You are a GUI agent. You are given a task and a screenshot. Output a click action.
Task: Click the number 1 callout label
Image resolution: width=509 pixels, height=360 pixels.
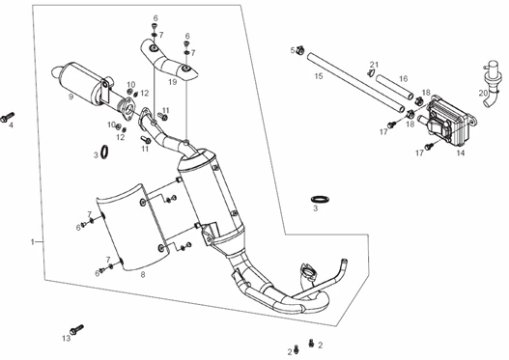click(x=32, y=242)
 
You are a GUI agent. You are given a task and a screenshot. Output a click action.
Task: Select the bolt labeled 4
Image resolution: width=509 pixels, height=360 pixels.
click(x=7, y=117)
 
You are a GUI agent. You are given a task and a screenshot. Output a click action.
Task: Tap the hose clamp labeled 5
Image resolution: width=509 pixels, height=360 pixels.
click(x=300, y=50)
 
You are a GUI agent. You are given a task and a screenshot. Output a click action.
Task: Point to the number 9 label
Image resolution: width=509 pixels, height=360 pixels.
click(x=71, y=97)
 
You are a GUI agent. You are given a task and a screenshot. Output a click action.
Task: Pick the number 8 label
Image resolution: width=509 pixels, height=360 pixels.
click(x=143, y=275)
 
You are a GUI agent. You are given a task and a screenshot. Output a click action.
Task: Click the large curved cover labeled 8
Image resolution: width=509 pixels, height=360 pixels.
click(x=134, y=228)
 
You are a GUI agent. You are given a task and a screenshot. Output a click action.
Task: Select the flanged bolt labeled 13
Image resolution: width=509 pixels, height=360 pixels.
click(x=76, y=329)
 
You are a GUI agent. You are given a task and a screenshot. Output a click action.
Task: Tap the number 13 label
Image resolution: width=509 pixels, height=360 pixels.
click(x=67, y=339)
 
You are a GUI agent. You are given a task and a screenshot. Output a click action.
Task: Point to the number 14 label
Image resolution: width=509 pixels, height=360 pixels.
click(x=461, y=152)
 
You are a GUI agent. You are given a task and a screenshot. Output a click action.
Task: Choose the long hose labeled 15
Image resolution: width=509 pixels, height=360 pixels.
click(x=356, y=83)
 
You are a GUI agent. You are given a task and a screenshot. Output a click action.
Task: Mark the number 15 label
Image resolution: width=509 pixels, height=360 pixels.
click(x=319, y=76)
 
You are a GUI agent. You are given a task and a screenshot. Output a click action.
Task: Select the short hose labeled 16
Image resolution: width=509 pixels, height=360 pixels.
click(x=395, y=87)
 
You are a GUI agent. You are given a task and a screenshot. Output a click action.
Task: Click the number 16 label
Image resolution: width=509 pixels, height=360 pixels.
click(x=403, y=79)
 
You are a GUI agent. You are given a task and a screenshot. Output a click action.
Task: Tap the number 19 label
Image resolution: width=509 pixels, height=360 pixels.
click(x=172, y=82)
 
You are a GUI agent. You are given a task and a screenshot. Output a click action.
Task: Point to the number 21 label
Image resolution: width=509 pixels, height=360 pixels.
click(x=375, y=65)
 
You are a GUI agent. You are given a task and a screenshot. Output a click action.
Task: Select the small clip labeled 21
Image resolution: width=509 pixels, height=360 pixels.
click(x=371, y=73)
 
